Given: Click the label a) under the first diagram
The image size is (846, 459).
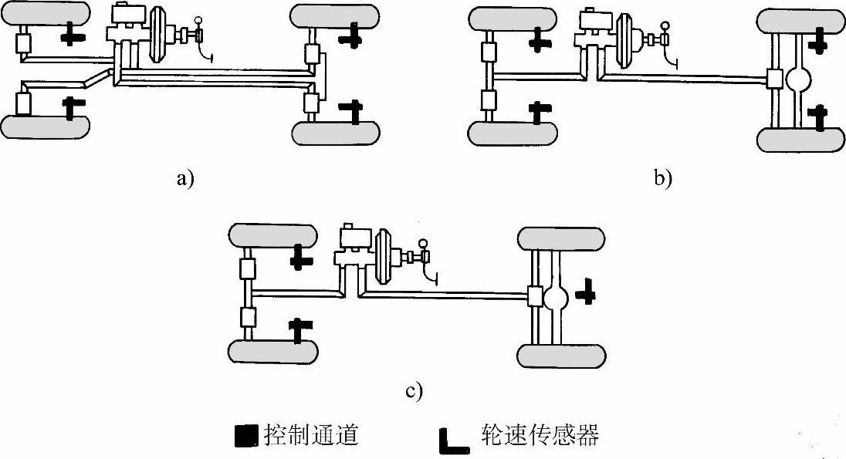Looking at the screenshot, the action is [x=184, y=177].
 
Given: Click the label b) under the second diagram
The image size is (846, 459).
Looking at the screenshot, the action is [x=663, y=177].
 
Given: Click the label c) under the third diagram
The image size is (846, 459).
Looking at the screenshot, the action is [x=414, y=391].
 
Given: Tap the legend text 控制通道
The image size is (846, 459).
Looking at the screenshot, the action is [x=311, y=434].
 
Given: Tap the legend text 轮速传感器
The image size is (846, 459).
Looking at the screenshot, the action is [x=540, y=434].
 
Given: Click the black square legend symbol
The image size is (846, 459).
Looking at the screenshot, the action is [x=247, y=436].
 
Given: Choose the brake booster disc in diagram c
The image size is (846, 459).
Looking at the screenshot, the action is [x=384, y=257].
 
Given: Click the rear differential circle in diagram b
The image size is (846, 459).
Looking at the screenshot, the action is [x=798, y=79].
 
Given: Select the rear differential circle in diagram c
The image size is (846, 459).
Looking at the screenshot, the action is [x=556, y=297].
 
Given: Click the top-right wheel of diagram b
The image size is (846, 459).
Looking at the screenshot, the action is [x=801, y=19].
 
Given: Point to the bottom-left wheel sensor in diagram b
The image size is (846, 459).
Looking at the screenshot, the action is [x=540, y=113].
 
